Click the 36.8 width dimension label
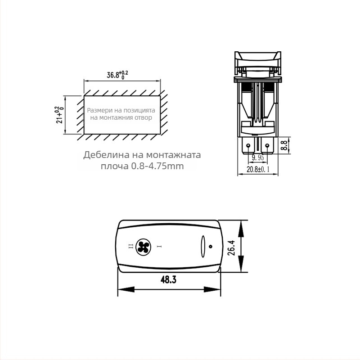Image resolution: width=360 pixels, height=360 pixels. (117, 75)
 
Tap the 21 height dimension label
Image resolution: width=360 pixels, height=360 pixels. (59, 115)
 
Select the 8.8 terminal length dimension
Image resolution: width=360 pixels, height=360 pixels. (284, 145)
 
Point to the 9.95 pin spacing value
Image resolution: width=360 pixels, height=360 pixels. (257, 158)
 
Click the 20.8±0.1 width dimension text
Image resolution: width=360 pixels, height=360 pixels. (258, 170)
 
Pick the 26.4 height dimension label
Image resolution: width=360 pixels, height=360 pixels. (231, 248)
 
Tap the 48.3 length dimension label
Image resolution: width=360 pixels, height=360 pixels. (168, 279)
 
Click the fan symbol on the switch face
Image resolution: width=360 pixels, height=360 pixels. (143, 247)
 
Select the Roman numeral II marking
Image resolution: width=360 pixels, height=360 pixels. (130, 247)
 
